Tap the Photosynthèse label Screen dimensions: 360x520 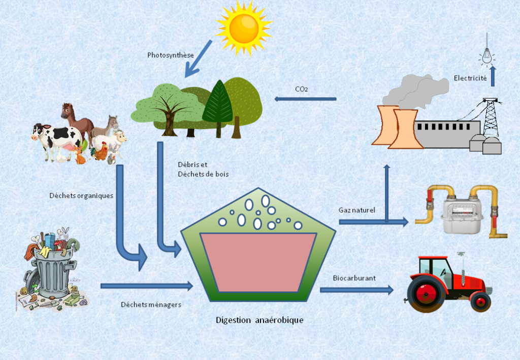point(167,55)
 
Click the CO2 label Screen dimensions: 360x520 point(301,89)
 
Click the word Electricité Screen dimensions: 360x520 point(470,78)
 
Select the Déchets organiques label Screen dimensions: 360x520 point(81,195)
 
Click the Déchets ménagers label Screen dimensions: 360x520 point(151,305)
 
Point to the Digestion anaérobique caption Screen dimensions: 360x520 point(259,320)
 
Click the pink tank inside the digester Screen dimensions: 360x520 point(258,261)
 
